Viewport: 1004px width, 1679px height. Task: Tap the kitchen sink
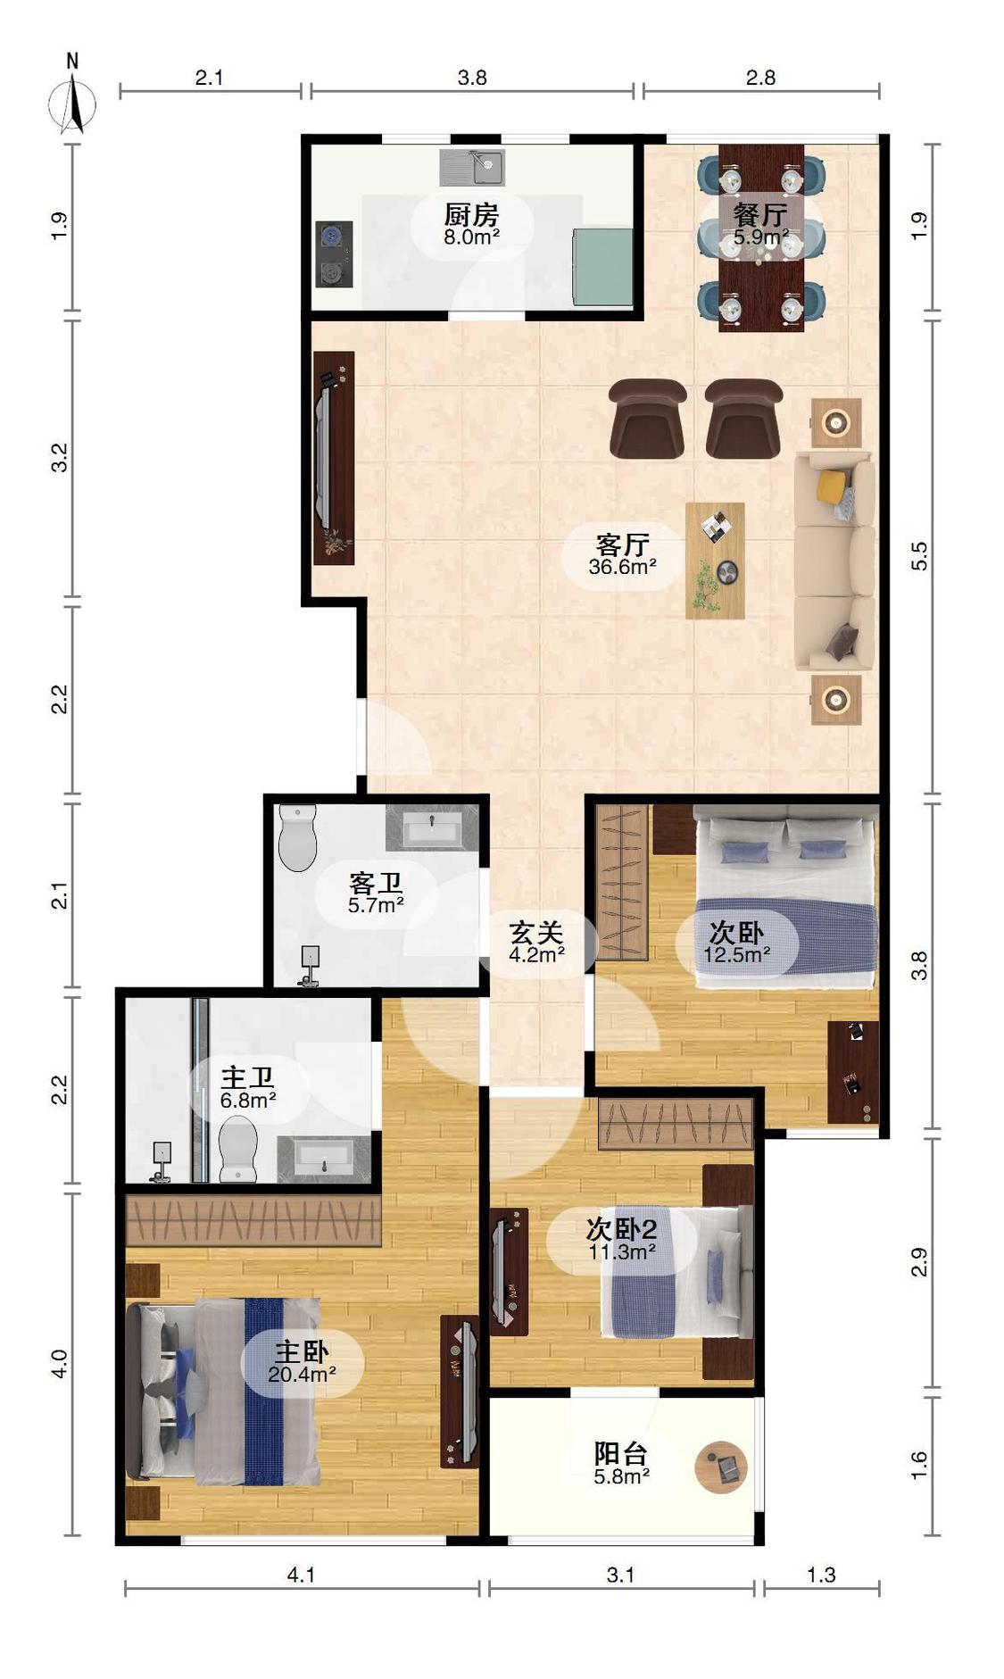click(472, 167)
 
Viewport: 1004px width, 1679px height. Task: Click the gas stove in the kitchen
click(333, 254)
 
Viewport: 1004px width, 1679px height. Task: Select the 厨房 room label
click(471, 214)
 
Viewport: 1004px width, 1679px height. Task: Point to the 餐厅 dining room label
click(760, 214)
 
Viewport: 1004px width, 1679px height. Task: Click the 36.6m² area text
click(623, 566)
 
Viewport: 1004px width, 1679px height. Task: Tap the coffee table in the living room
click(715, 561)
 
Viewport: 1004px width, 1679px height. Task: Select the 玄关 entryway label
click(535, 933)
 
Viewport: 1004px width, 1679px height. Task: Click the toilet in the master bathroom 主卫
click(238, 1148)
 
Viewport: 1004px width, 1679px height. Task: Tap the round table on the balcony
click(721, 1467)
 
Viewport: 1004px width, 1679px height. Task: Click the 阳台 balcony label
click(621, 1453)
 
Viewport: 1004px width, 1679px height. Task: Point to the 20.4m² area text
click(303, 1374)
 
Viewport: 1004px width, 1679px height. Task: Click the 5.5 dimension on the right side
click(919, 555)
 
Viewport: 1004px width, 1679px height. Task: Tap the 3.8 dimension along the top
click(472, 78)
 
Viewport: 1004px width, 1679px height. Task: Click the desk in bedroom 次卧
click(853, 1072)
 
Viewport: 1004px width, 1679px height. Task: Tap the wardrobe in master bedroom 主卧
click(253, 1221)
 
